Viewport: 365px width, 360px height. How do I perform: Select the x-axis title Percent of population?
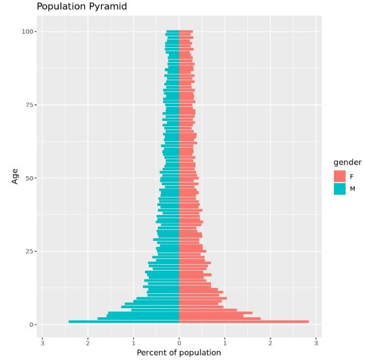(x=179, y=353)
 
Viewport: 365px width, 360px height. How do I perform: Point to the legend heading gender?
(x=347, y=162)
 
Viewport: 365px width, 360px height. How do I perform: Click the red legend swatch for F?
(x=340, y=176)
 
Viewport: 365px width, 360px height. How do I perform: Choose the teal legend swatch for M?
(x=340, y=189)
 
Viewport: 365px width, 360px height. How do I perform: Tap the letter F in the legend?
(x=352, y=176)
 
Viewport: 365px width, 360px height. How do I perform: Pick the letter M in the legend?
(x=353, y=189)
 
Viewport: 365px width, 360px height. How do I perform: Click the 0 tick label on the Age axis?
(x=31, y=324)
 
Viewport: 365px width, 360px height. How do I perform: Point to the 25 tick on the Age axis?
(x=29, y=251)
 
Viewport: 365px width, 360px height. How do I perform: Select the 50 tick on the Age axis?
(x=29, y=178)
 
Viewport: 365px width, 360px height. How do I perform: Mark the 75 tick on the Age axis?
(x=29, y=105)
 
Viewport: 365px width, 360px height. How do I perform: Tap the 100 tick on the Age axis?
(x=27, y=32)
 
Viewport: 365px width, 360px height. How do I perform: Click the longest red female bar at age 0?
(x=243, y=322)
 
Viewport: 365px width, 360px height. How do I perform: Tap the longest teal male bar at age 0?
(x=124, y=322)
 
